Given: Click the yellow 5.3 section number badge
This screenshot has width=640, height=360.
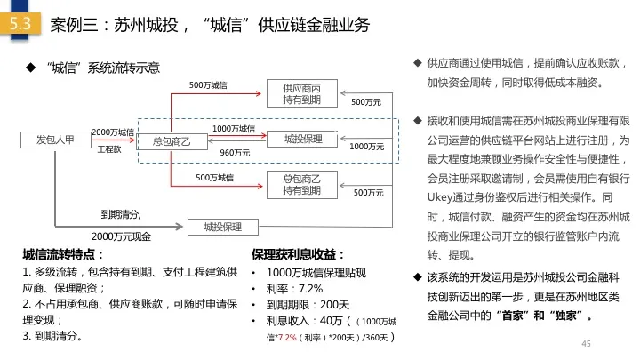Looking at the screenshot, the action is click(20, 24).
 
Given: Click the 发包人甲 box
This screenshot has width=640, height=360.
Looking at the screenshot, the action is click(55, 140).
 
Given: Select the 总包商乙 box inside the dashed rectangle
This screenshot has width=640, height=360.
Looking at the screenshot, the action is click(172, 141).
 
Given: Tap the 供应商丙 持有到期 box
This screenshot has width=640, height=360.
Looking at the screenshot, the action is click(302, 93).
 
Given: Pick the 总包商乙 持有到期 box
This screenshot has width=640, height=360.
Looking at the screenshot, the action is click(302, 185).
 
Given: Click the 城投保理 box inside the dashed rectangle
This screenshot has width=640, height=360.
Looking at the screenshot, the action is click(302, 140).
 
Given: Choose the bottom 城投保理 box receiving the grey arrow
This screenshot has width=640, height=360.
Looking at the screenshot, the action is click(223, 227).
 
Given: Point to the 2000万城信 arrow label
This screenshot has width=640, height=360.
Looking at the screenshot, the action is click(113, 132).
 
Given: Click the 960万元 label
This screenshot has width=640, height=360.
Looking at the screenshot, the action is click(235, 153).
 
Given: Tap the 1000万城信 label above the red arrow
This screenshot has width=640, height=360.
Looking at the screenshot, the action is click(234, 129).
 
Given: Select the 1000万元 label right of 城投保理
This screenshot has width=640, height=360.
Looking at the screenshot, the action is click(366, 147).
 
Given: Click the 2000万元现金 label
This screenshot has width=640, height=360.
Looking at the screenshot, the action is click(121, 236).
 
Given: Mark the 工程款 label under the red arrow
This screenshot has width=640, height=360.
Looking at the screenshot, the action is click(109, 149).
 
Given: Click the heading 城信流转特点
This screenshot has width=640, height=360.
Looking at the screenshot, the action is click(63, 255).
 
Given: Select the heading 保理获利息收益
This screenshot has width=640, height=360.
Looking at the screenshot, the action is click(298, 255).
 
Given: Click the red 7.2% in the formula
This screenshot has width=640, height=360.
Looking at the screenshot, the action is click(285, 338).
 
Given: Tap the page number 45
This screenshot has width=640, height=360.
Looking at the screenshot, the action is click(586, 344).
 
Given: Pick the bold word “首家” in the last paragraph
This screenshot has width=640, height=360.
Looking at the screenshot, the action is click(510, 316).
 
